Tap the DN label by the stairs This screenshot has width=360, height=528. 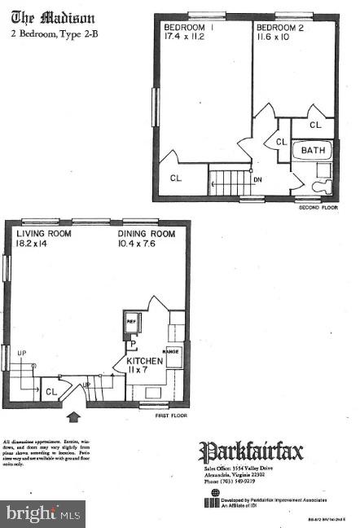coord(258,179)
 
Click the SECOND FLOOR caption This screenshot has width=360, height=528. coord(317,207)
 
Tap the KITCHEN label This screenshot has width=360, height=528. coord(144,361)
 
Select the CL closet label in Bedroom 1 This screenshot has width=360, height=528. coord(176,178)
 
